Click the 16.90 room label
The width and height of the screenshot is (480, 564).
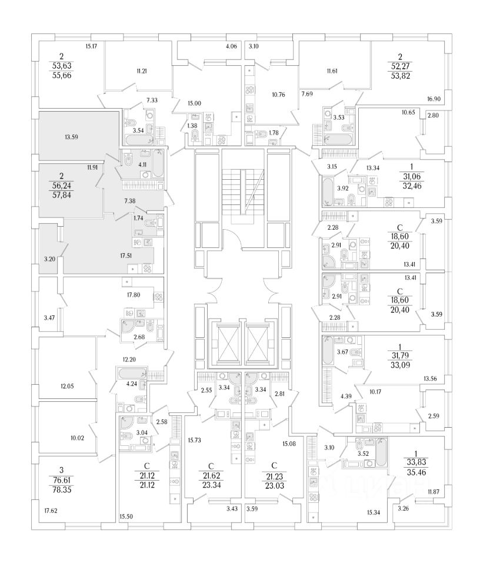pos(433,100)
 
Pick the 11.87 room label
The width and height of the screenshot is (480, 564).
pos(434,491)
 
